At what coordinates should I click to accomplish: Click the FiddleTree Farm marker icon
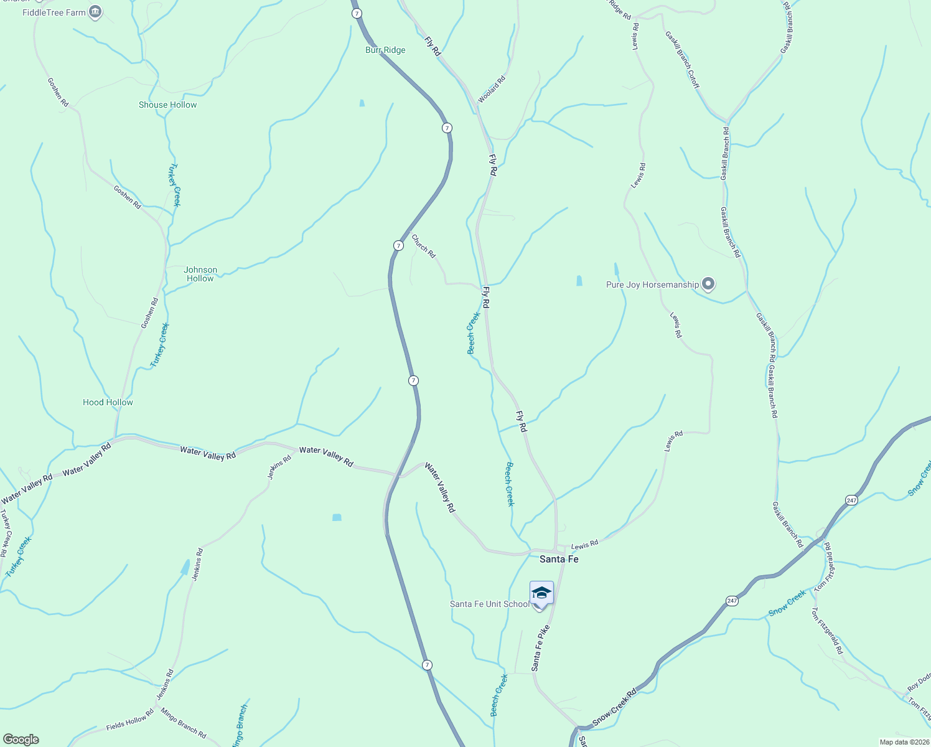(x=95, y=12)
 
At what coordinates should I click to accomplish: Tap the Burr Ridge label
(x=385, y=50)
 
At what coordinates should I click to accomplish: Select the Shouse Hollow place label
(x=167, y=105)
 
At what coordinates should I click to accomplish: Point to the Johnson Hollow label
(x=200, y=274)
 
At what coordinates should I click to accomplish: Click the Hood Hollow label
(x=108, y=402)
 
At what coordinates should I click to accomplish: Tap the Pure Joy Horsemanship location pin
(x=708, y=284)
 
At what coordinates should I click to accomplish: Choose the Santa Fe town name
(x=559, y=559)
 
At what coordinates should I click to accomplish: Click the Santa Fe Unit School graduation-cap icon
(x=541, y=593)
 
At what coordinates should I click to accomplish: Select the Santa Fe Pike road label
(x=541, y=648)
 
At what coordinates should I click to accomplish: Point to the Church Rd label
(x=424, y=246)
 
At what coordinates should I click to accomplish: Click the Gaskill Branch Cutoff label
(x=683, y=60)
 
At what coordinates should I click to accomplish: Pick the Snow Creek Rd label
(x=614, y=707)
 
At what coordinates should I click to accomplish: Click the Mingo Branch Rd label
(x=184, y=723)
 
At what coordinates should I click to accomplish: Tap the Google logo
(x=21, y=740)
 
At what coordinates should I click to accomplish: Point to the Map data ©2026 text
(x=903, y=742)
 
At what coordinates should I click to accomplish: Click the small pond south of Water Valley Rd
(x=337, y=517)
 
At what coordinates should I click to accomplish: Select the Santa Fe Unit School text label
(x=490, y=604)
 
